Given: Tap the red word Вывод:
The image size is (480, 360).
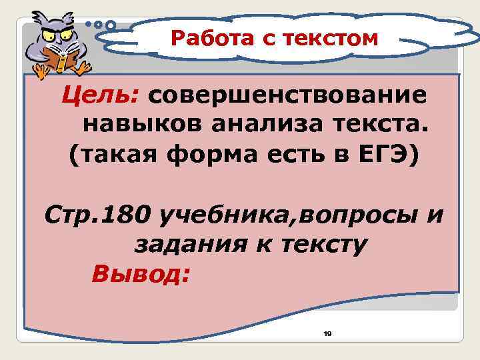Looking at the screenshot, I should click(141, 274).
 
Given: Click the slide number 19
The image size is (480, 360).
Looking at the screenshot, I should click(327, 333).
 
